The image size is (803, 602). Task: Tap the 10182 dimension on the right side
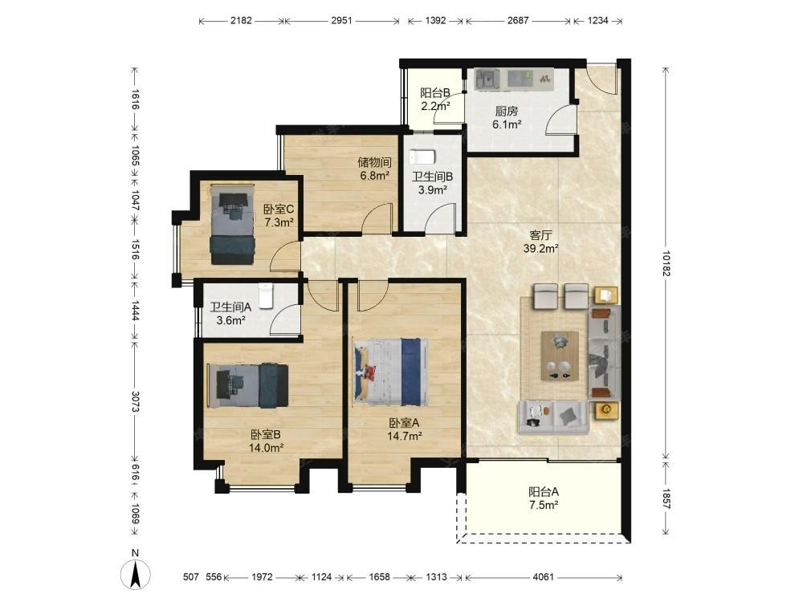pos(666,263)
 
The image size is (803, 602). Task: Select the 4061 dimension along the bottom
pos(544,577)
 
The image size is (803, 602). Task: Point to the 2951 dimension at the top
pos(341,21)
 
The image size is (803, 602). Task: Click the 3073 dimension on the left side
pos(135,402)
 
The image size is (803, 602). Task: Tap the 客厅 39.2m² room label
pos(540,242)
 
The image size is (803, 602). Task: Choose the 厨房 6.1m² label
pos(507,118)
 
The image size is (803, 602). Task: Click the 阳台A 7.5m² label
pos(544,498)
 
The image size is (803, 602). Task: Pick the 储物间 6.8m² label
pos(375,169)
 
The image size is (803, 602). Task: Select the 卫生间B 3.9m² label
pos(433,183)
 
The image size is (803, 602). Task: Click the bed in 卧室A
pos(390,372)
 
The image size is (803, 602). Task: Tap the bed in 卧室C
pos(232,224)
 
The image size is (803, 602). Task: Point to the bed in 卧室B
pos(247,385)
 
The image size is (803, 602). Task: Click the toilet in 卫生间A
pos(265,295)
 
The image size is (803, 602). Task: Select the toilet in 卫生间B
pos(422,156)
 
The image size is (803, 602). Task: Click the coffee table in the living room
pos(560,356)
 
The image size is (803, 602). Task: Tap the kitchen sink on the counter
pos(487,79)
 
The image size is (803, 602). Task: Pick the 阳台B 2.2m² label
pos(435,100)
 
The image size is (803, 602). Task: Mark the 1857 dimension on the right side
pos(666,498)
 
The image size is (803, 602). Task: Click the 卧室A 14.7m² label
pos(405,429)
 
